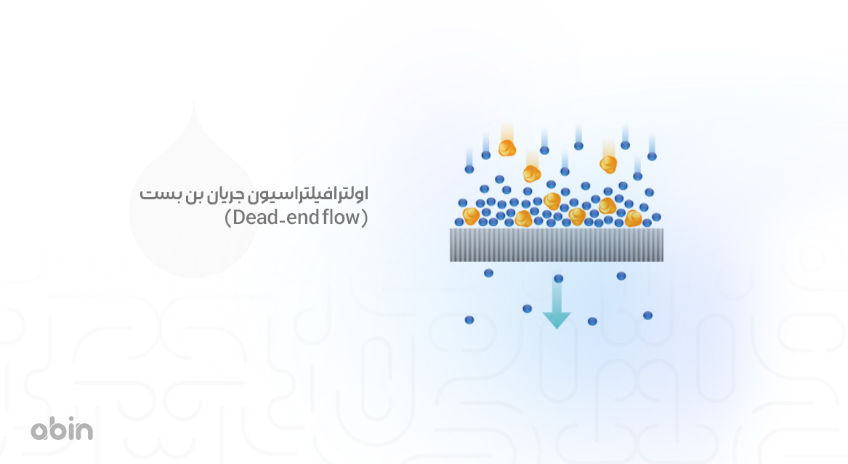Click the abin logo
click(x=62, y=430)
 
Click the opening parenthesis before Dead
click(x=228, y=217)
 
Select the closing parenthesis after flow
click(x=365, y=217)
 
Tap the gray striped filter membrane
click(x=557, y=244)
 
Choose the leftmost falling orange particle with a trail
click(x=506, y=148)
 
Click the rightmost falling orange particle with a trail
click(x=608, y=164)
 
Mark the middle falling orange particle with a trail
click(x=532, y=174)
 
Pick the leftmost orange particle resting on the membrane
click(x=471, y=215)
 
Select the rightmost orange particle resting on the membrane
click(x=633, y=217)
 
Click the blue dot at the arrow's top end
click(x=558, y=279)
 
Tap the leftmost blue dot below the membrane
click(x=469, y=319)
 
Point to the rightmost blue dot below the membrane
click(x=647, y=316)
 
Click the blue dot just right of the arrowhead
click(x=592, y=321)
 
